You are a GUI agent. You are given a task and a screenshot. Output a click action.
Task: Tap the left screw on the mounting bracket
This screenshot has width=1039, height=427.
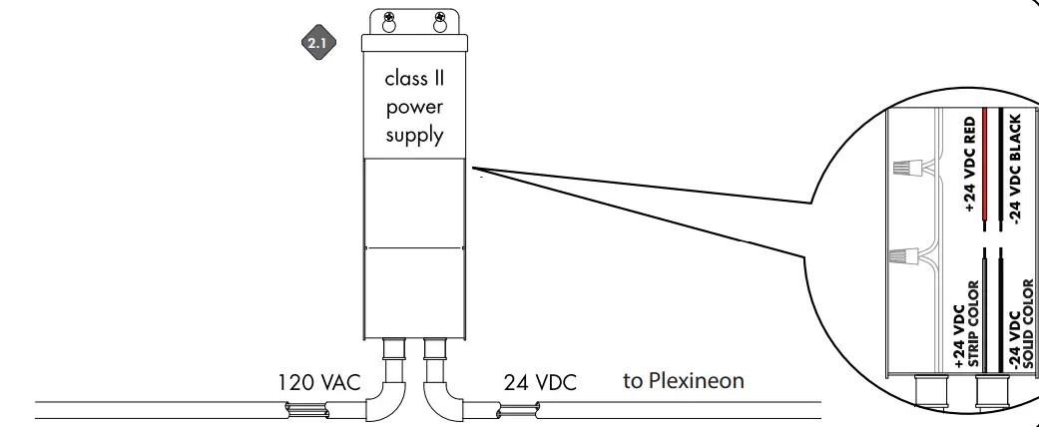389,17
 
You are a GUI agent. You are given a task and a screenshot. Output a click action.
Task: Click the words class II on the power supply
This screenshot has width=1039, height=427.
414,79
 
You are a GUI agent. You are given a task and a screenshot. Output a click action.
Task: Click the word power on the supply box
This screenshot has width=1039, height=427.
414,105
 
